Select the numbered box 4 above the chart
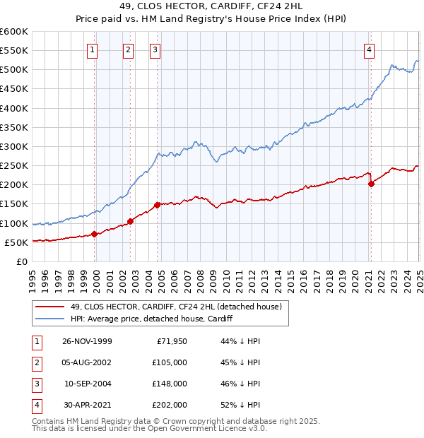coord(370,49)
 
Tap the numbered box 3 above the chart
coord(155,49)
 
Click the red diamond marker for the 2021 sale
coord(371,184)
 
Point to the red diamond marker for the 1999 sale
coord(95,234)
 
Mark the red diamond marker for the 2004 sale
coord(157,205)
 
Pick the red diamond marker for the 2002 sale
coord(130,221)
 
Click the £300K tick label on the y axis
coord(13,146)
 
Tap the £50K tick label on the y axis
coord(16,242)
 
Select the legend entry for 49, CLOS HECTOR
coord(176,307)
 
